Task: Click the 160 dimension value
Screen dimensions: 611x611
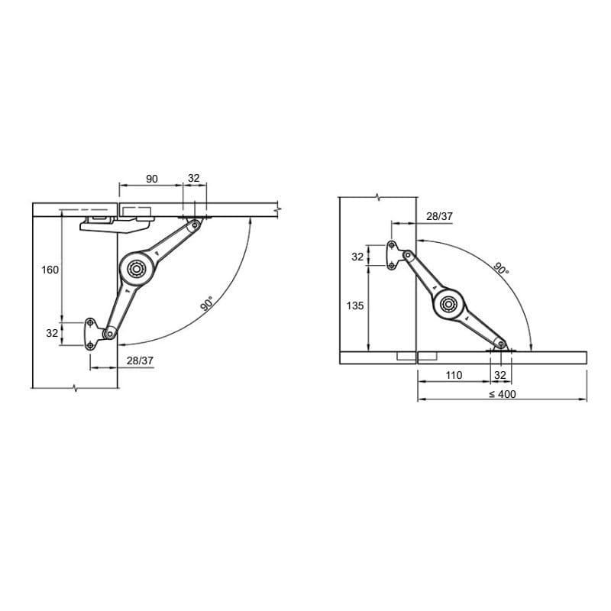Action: [x=50, y=270]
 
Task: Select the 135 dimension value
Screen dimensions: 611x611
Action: [x=355, y=306]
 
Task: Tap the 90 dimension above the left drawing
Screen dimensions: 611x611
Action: [x=152, y=179]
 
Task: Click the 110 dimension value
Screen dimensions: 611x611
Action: [x=454, y=375]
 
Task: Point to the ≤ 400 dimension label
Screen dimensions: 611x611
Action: [x=503, y=394]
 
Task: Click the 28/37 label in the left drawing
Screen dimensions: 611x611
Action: [x=140, y=360]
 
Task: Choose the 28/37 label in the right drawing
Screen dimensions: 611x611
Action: [x=440, y=216]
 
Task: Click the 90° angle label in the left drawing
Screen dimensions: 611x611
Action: [x=207, y=303]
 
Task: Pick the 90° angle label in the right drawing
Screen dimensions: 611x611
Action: [x=501, y=269]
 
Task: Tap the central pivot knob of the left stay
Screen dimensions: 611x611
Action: [x=137, y=269]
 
